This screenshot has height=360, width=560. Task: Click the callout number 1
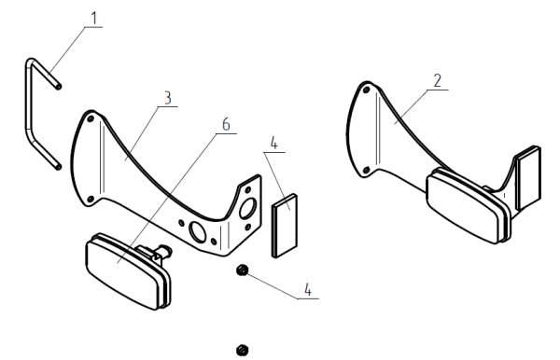(94, 19)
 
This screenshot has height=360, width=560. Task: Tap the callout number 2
(438, 81)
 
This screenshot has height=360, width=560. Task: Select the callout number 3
(167, 98)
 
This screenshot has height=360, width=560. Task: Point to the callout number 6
(226, 125)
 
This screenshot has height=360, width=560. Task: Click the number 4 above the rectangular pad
(273, 143)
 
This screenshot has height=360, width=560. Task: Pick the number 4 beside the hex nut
(308, 289)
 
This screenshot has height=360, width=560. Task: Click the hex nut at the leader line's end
(242, 270)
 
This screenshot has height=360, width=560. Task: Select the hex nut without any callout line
(243, 350)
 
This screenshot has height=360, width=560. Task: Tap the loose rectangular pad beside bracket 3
(285, 226)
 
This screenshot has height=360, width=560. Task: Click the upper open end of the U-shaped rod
(59, 86)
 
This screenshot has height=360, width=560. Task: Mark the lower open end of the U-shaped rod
(59, 166)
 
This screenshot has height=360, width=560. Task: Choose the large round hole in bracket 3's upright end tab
(248, 208)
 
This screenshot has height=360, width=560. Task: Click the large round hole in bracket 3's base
(197, 232)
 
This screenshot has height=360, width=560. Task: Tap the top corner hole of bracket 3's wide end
(91, 118)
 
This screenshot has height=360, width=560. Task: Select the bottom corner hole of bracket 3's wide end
(91, 199)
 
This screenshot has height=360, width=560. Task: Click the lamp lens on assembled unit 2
(463, 207)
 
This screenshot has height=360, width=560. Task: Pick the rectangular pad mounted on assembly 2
(528, 177)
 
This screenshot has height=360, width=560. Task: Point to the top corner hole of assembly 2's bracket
(366, 90)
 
